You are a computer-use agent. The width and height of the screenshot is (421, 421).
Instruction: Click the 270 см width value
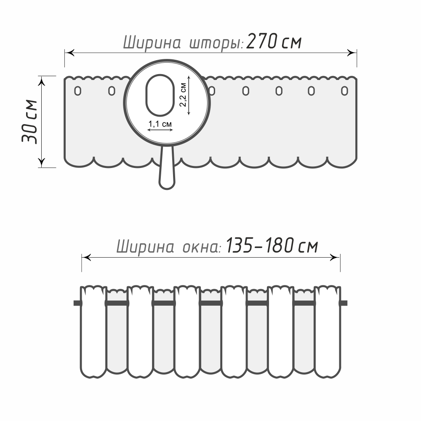(274, 42)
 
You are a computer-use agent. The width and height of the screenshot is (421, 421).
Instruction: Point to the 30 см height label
(30, 122)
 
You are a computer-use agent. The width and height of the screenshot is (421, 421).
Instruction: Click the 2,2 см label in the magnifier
(183, 94)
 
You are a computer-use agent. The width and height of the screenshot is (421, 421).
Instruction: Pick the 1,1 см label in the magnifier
(160, 124)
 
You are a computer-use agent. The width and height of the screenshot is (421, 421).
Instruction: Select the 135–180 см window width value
(272, 245)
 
